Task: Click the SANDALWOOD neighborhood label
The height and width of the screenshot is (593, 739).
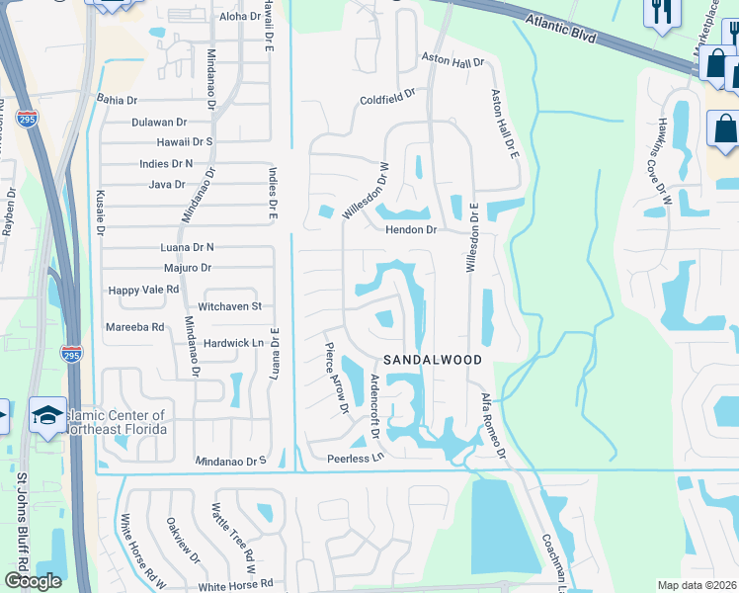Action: pos(433,361)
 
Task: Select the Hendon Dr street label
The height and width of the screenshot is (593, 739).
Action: pos(411,229)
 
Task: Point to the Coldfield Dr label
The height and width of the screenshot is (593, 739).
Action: pos(387,100)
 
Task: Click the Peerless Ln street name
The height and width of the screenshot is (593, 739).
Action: pos(355,460)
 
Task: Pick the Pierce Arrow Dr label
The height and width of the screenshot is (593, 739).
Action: pos(337,378)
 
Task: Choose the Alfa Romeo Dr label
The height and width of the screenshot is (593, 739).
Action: pos(493,424)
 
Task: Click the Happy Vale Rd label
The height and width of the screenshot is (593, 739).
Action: pos(143,290)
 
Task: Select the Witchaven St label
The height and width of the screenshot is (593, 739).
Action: pos(229,306)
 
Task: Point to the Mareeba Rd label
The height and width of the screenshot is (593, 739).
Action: pos(134,326)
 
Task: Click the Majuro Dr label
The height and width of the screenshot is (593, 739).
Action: pos(187,268)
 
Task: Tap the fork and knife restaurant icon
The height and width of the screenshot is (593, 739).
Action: pos(659,12)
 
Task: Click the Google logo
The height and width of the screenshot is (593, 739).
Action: pos(34,580)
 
